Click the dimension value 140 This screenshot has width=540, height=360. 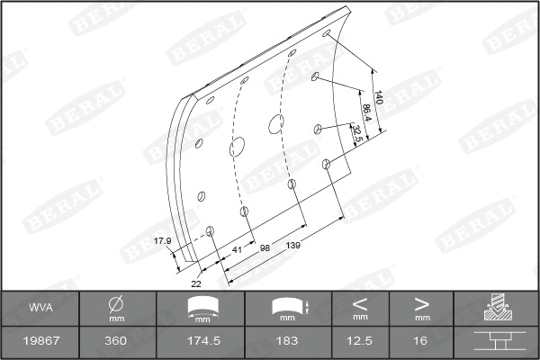click(379, 98)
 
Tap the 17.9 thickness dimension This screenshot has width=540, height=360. click(162, 240)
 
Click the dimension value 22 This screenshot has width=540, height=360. click(195, 283)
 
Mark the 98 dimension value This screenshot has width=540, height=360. click(265, 247)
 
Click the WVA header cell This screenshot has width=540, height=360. click(40, 307)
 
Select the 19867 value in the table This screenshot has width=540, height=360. click(40, 342)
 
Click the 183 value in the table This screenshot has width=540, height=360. click(287, 342)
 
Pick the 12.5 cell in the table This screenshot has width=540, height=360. click(360, 342)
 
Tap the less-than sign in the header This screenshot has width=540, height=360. click(360, 302)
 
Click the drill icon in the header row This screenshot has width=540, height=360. click(496, 308)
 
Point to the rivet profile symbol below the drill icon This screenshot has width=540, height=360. click(496, 342)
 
